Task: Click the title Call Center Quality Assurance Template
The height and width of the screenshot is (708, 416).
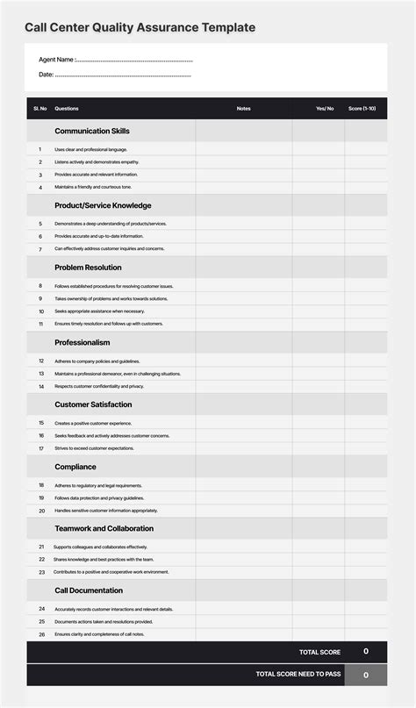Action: click(x=140, y=28)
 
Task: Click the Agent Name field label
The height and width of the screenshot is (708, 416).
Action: click(x=57, y=60)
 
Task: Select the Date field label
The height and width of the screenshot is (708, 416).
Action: click(x=47, y=75)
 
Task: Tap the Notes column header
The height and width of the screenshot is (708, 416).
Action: click(x=243, y=109)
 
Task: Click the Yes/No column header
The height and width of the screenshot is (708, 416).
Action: click(x=325, y=109)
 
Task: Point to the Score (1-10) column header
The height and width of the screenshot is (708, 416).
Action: click(x=362, y=109)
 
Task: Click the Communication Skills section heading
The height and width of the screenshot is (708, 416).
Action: click(x=92, y=131)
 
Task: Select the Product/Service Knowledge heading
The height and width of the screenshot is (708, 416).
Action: click(x=103, y=205)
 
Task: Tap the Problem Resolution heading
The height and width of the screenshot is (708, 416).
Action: click(x=88, y=268)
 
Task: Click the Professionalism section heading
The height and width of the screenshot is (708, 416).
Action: click(x=82, y=342)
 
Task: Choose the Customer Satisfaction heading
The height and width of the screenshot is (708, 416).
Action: click(x=93, y=404)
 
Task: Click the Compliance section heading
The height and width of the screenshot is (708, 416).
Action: click(x=75, y=467)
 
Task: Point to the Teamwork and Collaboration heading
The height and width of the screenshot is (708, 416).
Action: click(x=104, y=529)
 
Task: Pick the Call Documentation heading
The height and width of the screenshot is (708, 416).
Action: click(x=88, y=590)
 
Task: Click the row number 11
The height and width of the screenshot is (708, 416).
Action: click(x=40, y=324)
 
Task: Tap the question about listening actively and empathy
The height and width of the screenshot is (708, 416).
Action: click(x=97, y=162)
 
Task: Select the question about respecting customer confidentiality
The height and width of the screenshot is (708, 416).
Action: click(x=99, y=386)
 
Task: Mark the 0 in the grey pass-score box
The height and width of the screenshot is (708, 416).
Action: click(x=366, y=675)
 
